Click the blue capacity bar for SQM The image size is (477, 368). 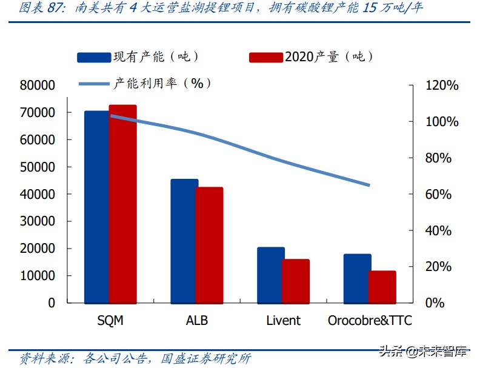point(96,206)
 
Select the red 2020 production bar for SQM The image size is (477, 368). point(123,204)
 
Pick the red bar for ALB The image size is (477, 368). point(209,245)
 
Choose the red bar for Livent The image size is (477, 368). point(296,281)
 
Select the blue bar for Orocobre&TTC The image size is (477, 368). point(357,278)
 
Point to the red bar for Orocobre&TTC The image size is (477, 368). point(382,287)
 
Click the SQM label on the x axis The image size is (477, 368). point(110,320)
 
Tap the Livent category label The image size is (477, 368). point(283,320)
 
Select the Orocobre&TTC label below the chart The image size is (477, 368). point(370,320)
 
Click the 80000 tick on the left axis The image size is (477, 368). point(38,85)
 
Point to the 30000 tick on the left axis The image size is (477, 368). point(38,221)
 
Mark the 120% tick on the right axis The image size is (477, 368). point(442,85)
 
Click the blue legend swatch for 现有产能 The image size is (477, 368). point(93,58)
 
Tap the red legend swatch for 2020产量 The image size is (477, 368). point(265,58)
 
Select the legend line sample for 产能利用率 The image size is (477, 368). point(93,83)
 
